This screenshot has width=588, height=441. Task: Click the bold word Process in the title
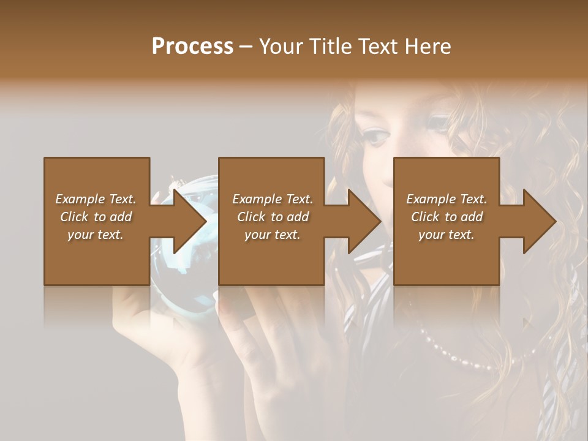pyautogui.click(x=192, y=47)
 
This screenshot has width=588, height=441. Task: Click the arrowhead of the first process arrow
pyautogui.click(x=190, y=221)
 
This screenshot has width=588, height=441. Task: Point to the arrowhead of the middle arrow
pyautogui.click(x=364, y=221)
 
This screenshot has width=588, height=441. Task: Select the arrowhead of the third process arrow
pyautogui.click(x=540, y=221)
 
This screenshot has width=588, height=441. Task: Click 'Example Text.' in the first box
pyautogui.click(x=96, y=199)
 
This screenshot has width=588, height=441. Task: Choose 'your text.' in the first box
pyautogui.click(x=96, y=235)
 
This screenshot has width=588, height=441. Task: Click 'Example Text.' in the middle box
pyautogui.click(x=273, y=199)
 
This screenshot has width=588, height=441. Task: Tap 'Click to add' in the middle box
pyautogui.click(x=273, y=217)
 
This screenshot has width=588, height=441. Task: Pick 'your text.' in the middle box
pyautogui.click(x=273, y=235)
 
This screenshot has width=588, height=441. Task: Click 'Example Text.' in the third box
pyautogui.click(x=447, y=199)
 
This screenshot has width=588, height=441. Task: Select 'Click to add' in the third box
pyautogui.click(x=447, y=217)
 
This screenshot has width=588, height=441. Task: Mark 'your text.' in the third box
pyautogui.click(x=447, y=235)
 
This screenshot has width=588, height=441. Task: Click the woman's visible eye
pyautogui.click(x=375, y=135)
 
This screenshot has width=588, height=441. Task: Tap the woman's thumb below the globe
pyautogui.click(x=132, y=312)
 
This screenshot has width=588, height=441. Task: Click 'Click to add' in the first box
pyautogui.click(x=96, y=217)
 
